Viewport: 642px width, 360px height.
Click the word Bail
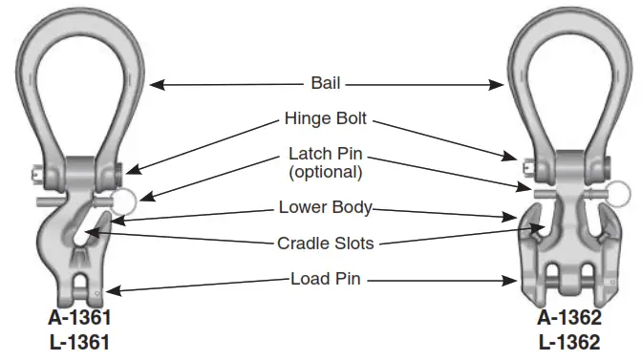point(327,83)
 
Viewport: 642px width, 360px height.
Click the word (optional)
point(326,172)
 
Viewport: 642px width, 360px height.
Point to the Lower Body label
point(326,207)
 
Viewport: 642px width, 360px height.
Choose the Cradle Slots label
point(327,244)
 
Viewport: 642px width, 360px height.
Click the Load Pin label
point(326,280)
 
